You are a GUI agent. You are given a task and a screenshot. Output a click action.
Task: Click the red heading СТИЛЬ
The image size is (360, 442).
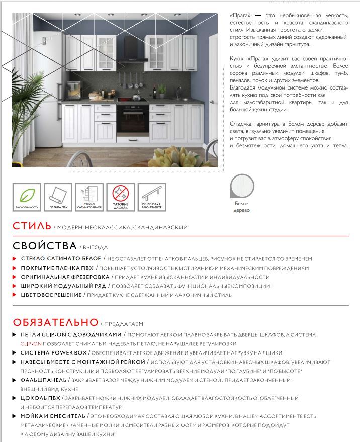pos(32,226)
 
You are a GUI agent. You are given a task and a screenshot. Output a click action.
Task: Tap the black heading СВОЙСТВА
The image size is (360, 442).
pos(45,246)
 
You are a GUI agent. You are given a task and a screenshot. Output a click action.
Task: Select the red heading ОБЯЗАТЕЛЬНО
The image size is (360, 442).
pos(55,322)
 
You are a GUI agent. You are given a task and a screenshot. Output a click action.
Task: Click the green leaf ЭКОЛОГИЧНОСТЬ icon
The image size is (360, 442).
pos(27,197)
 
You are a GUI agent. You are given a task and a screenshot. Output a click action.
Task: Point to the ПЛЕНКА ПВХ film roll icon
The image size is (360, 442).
pos(58,197)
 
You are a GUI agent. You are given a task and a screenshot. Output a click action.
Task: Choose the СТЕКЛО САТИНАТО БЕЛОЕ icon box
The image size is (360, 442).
pos(89,197)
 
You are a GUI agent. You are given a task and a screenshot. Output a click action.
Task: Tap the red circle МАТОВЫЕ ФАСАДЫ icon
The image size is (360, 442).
pos(121,197)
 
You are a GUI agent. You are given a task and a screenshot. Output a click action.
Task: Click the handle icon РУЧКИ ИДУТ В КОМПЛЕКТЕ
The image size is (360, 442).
pos(152,197)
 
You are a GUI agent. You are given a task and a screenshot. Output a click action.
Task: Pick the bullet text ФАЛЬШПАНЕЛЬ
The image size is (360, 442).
pos(43,380)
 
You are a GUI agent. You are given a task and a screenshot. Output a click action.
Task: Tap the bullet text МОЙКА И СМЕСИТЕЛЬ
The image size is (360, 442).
pos(53,416)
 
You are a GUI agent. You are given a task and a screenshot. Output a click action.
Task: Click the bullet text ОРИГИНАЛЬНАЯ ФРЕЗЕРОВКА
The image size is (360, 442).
pos(65,277)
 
